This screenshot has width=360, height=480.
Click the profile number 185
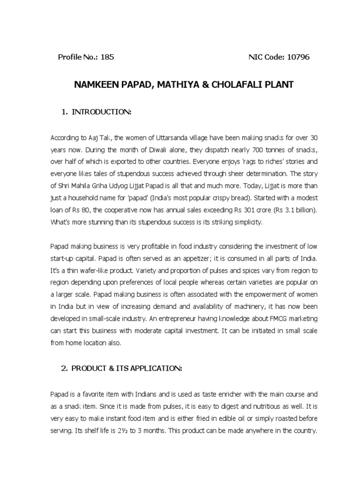pyautogui.click(x=107, y=57)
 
